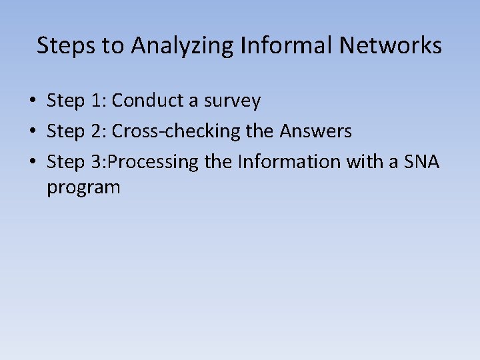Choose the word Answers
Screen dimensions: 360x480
pos(315,131)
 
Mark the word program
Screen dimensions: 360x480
pos(83,187)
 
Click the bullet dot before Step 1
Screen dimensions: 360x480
pos(32,101)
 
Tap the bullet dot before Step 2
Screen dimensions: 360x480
pos(32,132)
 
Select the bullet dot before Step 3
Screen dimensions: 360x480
pos(32,163)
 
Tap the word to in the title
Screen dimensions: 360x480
pos(116,45)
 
